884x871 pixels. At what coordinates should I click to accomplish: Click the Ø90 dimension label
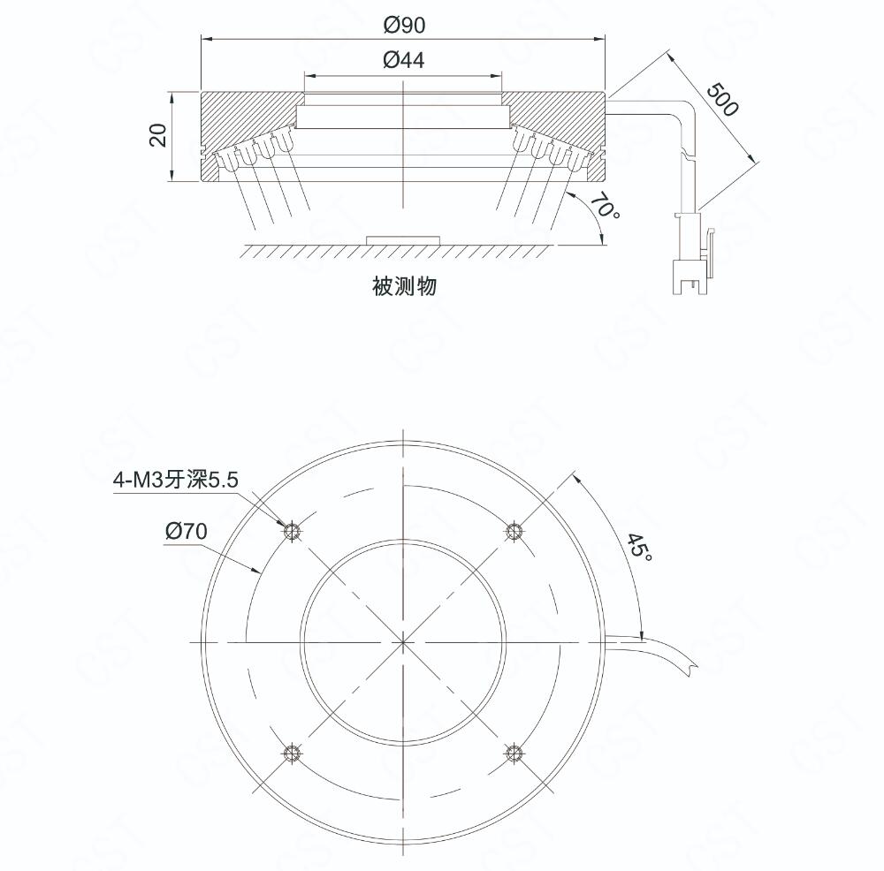coord(404,25)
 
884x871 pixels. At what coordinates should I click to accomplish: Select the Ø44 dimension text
coord(403,60)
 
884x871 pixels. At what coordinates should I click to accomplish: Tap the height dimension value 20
coord(158,135)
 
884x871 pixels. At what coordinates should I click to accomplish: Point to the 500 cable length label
coord(722,99)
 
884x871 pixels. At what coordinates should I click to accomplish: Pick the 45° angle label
coord(640,547)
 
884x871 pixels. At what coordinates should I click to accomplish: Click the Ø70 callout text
coord(187,531)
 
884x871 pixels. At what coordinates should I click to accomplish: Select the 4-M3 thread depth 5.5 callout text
coord(176,480)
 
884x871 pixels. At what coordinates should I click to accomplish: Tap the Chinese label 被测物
coord(404,286)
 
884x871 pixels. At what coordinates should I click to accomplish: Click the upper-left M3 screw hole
coord(292,531)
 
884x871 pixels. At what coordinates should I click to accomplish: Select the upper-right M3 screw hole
coord(513,531)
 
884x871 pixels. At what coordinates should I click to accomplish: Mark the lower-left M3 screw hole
coord(292,752)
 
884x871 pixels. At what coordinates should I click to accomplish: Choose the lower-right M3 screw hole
coord(513,752)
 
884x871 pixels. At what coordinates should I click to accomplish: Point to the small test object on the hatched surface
coord(403,240)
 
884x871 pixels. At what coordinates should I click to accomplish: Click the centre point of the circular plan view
coord(403,641)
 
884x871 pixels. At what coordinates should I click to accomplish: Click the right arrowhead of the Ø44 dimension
coord(496,74)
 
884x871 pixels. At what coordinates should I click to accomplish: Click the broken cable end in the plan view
coord(691,667)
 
